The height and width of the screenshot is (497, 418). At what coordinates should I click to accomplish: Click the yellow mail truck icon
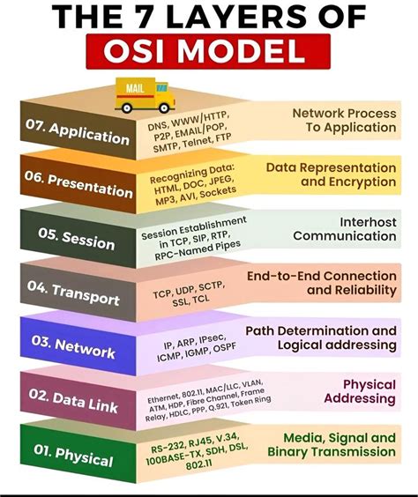click(x=145, y=95)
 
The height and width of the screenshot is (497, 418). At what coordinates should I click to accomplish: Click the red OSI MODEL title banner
click(x=209, y=50)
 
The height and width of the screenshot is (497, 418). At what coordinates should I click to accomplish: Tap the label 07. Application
click(x=78, y=133)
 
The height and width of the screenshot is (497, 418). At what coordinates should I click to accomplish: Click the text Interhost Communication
click(x=345, y=228)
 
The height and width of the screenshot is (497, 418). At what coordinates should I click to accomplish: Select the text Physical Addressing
click(x=356, y=391)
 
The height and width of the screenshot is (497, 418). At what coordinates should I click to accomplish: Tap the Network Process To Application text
click(x=344, y=121)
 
